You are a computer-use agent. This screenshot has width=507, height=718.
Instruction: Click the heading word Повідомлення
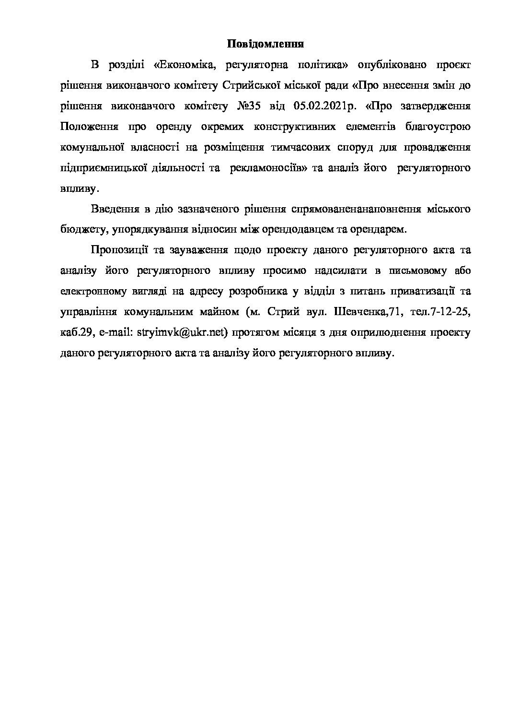pos(265,44)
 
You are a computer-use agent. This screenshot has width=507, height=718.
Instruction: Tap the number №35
pos(249,106)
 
